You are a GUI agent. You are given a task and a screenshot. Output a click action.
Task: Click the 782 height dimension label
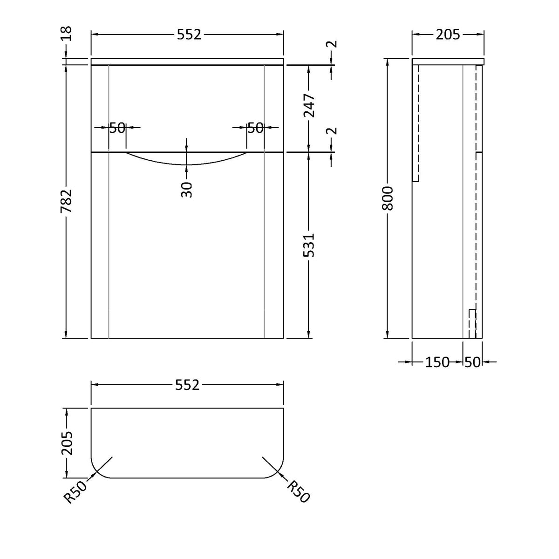tap(67, 200)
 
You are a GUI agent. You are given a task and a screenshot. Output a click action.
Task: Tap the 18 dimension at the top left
tap(67, 34)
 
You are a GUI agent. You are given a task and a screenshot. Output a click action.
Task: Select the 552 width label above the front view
tap(189, 34)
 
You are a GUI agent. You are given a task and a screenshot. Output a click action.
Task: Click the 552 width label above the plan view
tap(187, 385)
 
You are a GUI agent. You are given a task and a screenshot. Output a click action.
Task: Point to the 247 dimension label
tap(309, 105)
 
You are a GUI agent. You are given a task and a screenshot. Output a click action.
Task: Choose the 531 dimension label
tap(309, 245)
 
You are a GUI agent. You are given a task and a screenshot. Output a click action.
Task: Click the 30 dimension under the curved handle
tap(186, 190)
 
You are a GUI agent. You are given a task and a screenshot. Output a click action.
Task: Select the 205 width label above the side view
tap(448, 34)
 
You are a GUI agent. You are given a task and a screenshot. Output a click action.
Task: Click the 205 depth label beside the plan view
tap(67, 443)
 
